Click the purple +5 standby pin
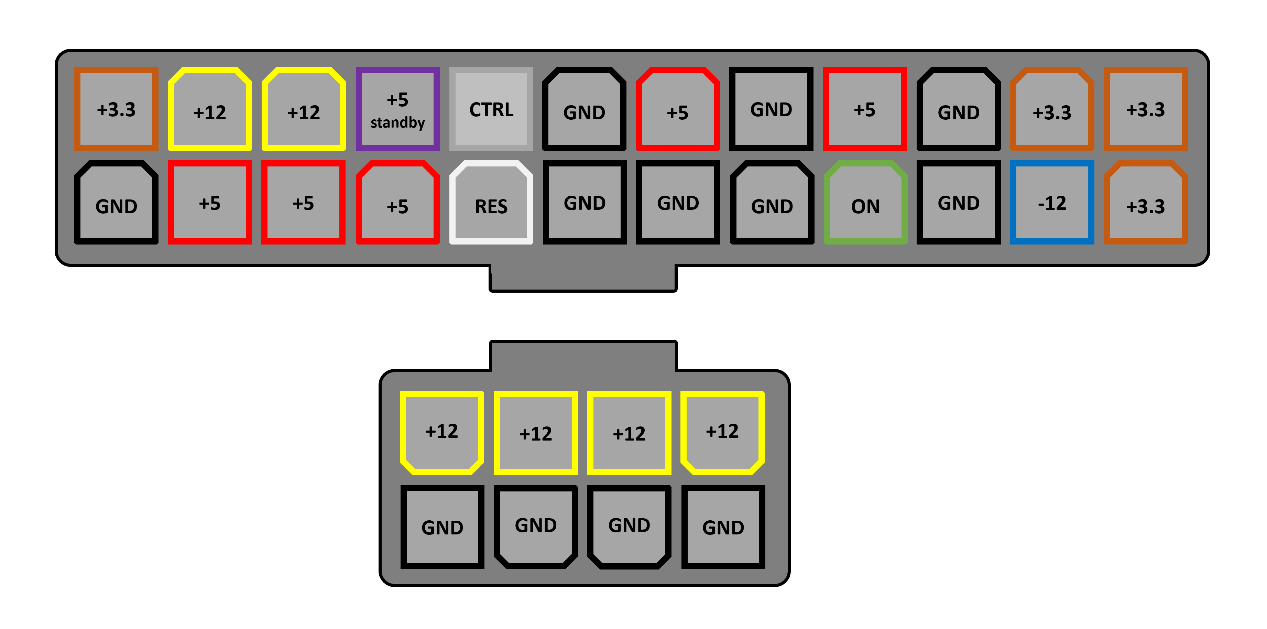click(x=397, y=109)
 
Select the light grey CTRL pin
click(x=491, y=109)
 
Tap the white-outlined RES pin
click(x=491, y=203)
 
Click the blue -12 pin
click(x=1052, y=203)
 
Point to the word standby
click(x=397, y=122)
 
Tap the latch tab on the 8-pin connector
click(x=583, y=355)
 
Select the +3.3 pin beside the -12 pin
click(x=1146, y=203)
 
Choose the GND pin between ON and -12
click(x=959, y=203)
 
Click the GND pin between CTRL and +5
click(x=584, y=109)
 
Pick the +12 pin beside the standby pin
click(x=304, y=109)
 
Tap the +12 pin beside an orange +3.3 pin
click(x=210, y=109)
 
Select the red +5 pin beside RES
click(x=397, y=203)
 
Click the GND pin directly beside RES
click(x=584, y=203)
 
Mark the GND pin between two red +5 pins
click(x=771, y=109)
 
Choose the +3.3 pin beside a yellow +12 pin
click(x=116, y=109)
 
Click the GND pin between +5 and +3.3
click(x=959, y=109)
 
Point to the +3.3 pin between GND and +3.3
click(x=1052, y=109)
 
